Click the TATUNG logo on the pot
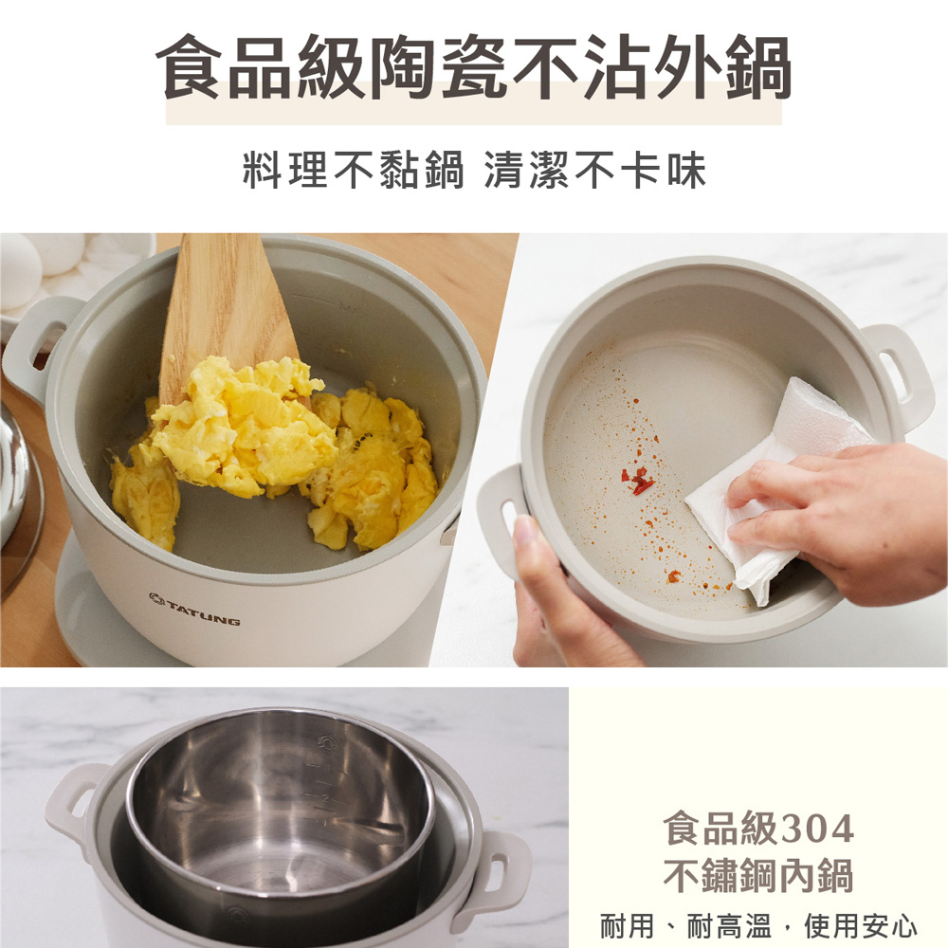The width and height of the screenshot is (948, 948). (194, 609)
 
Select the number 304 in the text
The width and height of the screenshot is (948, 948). (818, 829)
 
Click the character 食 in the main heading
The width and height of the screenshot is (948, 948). (189, 66)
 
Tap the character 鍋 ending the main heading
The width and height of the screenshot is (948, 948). (758, 66)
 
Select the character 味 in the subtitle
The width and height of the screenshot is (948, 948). (686, 170)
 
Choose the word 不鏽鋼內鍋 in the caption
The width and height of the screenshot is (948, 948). (758, 875)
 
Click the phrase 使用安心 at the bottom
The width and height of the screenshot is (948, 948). (861, 926)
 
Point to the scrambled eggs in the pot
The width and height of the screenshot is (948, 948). (272, 447)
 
